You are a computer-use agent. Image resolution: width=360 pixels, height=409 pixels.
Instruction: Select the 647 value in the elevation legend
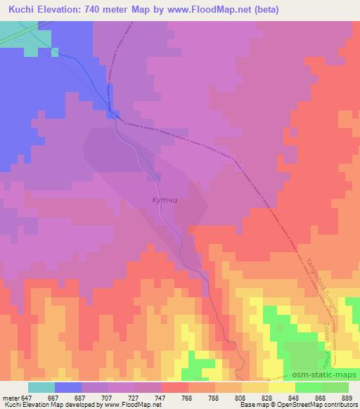point(27,397)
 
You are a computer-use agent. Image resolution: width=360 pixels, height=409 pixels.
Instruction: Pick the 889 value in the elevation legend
point(349,397)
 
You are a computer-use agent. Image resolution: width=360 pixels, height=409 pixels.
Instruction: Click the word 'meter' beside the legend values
point(9,397)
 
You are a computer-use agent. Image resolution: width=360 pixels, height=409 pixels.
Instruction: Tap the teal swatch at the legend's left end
point(41,387)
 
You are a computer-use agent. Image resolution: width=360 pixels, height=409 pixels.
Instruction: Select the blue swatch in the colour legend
point(67,387)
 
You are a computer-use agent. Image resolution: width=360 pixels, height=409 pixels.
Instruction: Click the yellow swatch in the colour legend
point(281,387)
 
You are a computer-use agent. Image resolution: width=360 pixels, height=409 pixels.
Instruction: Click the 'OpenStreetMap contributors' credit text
point(320,405)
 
